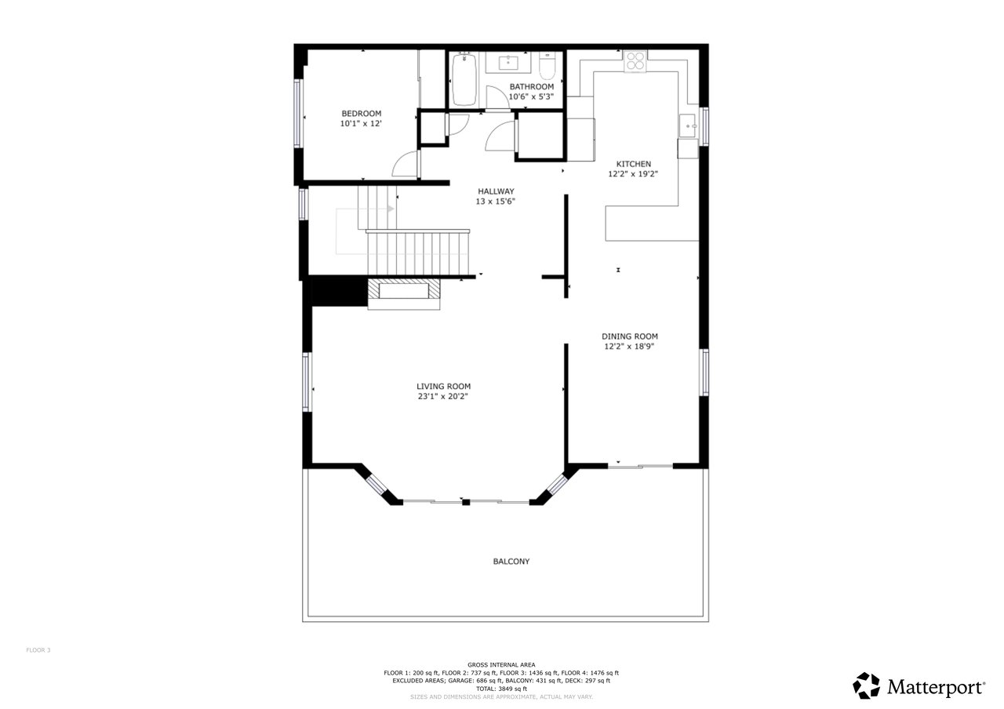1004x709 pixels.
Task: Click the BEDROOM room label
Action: click(362, 114)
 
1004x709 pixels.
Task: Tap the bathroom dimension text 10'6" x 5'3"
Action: click(531, 96)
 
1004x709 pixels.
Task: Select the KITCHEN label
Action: click(633, 164)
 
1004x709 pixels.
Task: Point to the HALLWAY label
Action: click(496, 191)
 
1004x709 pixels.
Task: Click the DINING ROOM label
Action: click(630, 336)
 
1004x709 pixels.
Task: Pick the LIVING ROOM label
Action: click(443, 387)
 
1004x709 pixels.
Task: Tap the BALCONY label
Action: click(511, 561)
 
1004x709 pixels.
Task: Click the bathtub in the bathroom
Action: click(464, 79)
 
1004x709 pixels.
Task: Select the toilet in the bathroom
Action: click(547, 66)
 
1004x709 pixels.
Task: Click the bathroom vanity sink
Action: click(508, 63)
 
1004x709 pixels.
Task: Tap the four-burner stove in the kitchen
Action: click(635, 61)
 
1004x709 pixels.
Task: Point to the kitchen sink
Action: click(687, 126)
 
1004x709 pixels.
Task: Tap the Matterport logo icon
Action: click(867, 686)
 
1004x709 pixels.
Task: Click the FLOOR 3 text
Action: click(38, 650)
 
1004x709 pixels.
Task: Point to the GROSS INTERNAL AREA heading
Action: click(501, 665)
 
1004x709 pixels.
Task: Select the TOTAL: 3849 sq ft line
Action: click(501, 689)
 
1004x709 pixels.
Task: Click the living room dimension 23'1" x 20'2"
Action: click(443, 396)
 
